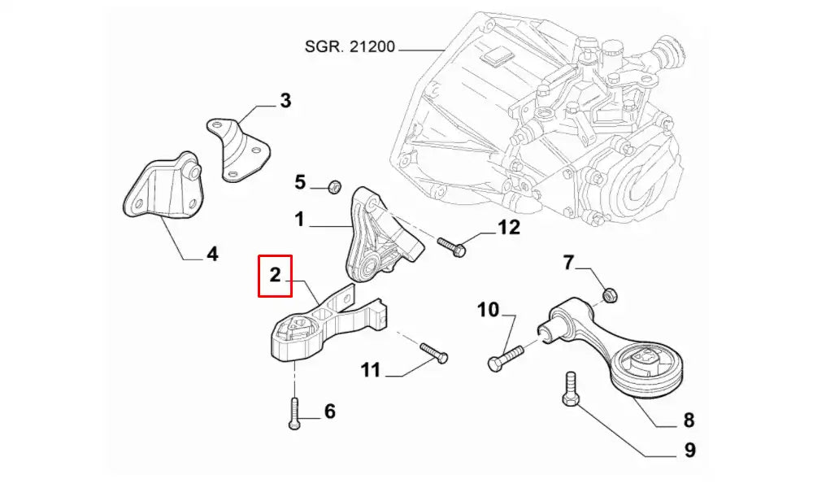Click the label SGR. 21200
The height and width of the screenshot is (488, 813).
[350, 46]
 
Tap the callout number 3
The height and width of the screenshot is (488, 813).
[285, 101]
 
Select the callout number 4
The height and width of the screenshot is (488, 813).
[212, 255]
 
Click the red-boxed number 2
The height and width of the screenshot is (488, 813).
[275, 275]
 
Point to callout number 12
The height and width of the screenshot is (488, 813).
[508, 228]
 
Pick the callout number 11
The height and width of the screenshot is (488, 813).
[371, 371]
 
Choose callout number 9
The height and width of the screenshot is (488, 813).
[689, 449]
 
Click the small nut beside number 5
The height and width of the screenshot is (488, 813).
[333, 188]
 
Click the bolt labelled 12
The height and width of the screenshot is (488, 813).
[450, 246]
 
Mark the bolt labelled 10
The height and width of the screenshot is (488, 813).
[509, 356]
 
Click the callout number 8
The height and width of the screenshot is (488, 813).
[689, 420]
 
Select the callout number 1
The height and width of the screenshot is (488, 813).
[299, 219]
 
